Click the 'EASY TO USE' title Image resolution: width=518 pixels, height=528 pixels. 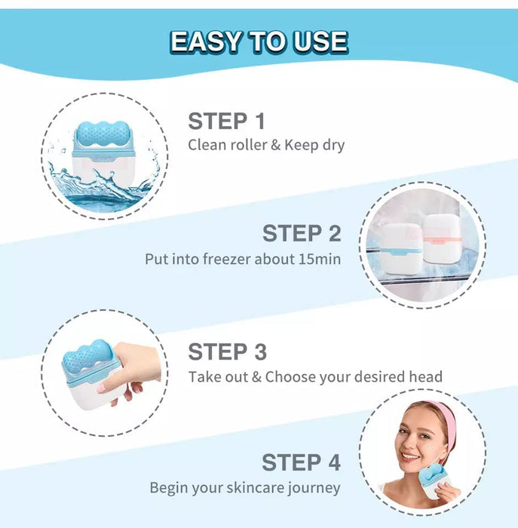click(259, 41)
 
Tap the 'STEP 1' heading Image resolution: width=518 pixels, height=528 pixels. click(226, 121)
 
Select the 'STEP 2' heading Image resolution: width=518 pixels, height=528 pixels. click(302, 233)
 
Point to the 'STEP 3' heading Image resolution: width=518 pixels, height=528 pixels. click(227, 351)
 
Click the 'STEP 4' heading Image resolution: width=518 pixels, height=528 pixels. click(301, 462)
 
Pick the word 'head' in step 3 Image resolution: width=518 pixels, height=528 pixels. click(426, 376)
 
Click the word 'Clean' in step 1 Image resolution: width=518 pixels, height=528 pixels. click(206, 145)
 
